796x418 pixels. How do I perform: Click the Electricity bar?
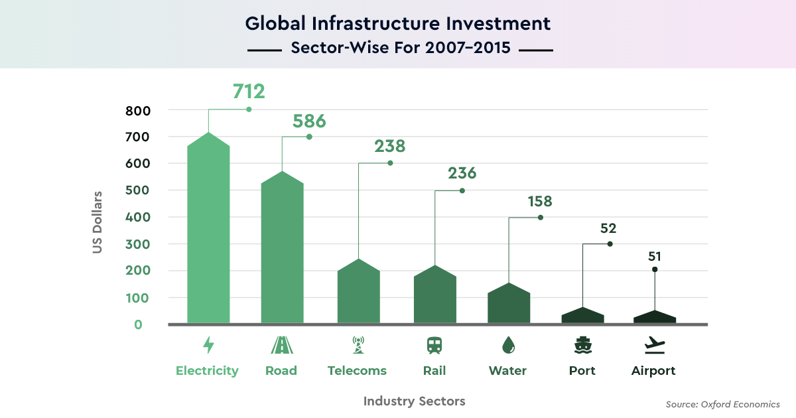pyautogui.click(x=208, y=232)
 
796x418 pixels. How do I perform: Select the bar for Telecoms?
pyautogui.click(x=358, y=292)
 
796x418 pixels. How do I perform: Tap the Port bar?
pyautogui.click(x=582, y=316)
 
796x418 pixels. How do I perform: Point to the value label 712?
pyautogui.click(x=249, y=92)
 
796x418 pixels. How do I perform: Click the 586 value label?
pyautogui.click(x=309, y=121)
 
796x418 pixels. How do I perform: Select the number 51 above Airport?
pyautogui.click(x=655, y=256)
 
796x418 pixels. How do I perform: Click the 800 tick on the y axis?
pyautogui.click(x=138, y=110)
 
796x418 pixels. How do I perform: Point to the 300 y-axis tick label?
pyautogui.click(x=138, y=244)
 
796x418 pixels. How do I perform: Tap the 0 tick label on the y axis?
pyautogui.click(x=139, y=324)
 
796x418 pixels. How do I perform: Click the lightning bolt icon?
pyautogui.click(x=208, y=345)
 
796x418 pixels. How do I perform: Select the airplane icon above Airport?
pyautogui.click(x=654, y=345)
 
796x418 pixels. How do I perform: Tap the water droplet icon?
pyautogui.click(x=508, y=345)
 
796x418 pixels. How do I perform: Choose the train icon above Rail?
pyautogui.click(x=434, y=345)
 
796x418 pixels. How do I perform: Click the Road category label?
pyautogui.click(x=281, y=371)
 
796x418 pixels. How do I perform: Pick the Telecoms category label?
pyautogui.click(x=357, y=371)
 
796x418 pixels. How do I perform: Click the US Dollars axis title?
pyautogui.click(x=98, y=223)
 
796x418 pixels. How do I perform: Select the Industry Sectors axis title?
pyautogui.click(x=415, y=401)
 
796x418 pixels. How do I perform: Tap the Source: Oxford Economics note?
pyautogui.click(x=722, y=404)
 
